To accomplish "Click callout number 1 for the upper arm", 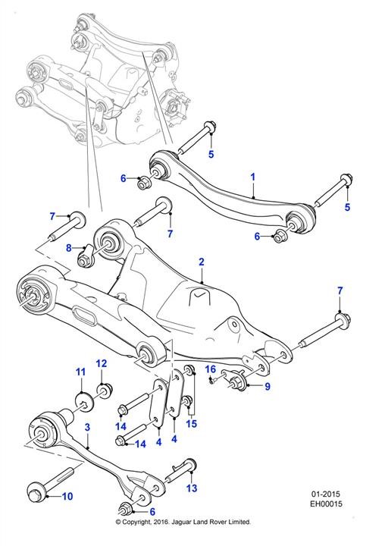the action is pos(252,177).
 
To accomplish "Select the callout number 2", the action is pos(201,262).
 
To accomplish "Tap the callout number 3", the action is pos(87,427).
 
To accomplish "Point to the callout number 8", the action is pos(68,248).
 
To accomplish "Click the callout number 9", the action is pos(268,386).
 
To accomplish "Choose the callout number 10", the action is pos(67,496).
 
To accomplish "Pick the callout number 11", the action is pos(80,372).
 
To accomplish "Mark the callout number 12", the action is pos(102,363).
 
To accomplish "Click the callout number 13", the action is pos(192,488).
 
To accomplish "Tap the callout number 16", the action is pos(211,369).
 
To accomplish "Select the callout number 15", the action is pos(192,423).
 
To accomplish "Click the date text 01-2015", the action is pos(325,494).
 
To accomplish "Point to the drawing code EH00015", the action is pos(326,504).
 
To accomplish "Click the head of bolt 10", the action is pos(36,493).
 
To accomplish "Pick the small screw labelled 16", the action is pos(213,381).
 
